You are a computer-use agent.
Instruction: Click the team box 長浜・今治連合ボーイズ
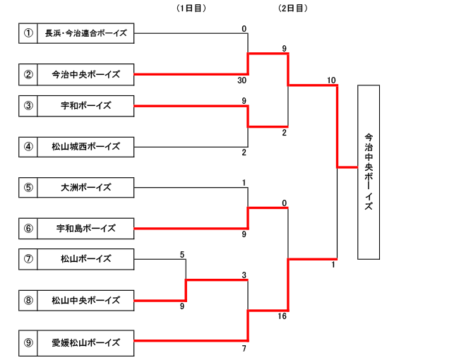point(85,32)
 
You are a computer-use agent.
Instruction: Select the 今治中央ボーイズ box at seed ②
point(85,74)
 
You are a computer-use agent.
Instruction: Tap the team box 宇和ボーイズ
point(85,106)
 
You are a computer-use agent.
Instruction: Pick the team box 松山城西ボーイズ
point(85,147)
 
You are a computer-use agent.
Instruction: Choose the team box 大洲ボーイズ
point(85,187)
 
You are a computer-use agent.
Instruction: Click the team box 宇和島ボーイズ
point(85,228)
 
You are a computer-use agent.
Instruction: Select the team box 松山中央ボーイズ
point(85,300)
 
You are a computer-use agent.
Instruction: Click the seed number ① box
point(28,32)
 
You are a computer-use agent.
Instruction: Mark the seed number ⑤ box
point(28,187)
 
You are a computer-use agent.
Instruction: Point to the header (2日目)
point(293,8)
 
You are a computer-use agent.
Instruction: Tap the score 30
point(242,80)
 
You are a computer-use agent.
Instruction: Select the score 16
point(283,317)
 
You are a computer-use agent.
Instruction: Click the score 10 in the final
point(331,80)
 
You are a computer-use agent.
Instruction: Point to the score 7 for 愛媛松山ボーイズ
point(244,349)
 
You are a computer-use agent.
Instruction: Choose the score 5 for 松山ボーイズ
point(182,254)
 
